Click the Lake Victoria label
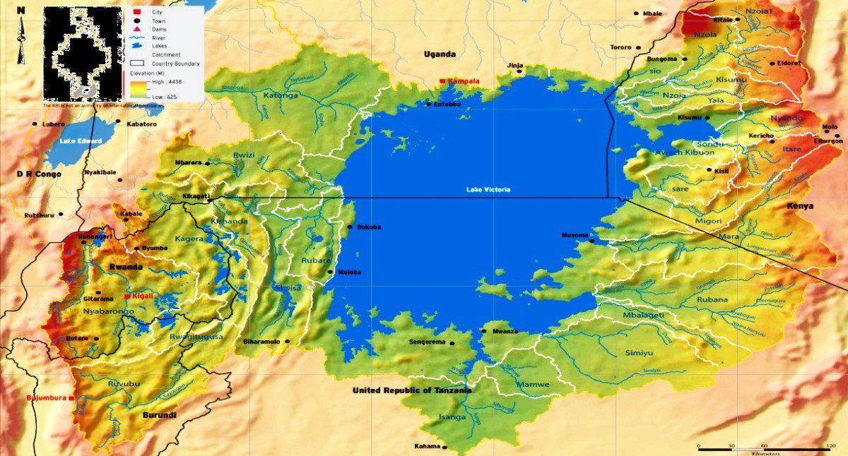(488, 189)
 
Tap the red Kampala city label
(464, 81)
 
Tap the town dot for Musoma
(592, 241)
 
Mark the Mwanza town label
(505, 331)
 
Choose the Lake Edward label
(81, 141)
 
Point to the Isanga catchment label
(452, 416)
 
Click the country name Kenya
(800, 206)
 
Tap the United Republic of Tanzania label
(412, 390)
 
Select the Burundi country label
(159, 415)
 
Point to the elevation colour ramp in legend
(136, 89)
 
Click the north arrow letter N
(21, 10)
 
